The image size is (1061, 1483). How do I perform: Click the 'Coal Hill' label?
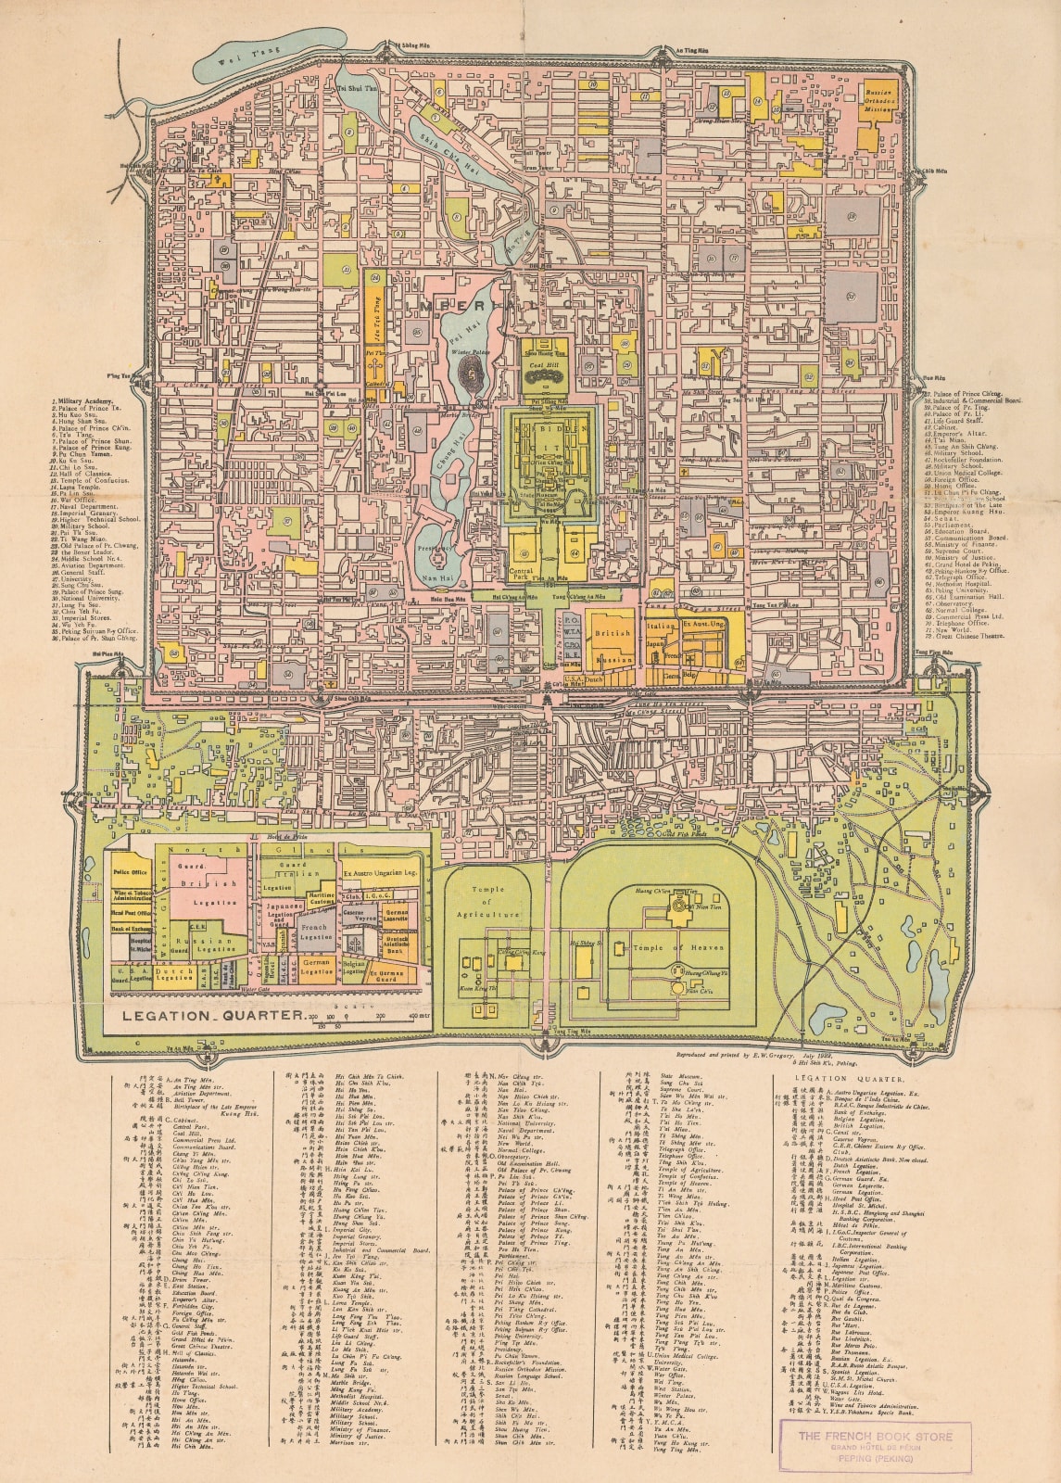540,365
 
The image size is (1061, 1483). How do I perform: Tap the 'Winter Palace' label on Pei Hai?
474,352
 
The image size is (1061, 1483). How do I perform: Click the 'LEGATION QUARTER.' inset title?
205,1015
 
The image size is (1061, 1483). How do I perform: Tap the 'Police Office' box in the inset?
131,872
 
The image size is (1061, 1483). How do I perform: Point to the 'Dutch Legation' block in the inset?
174,975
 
